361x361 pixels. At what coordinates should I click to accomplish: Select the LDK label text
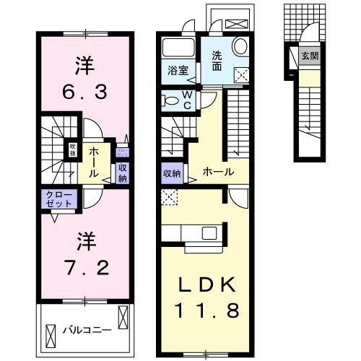[x=205, y=283]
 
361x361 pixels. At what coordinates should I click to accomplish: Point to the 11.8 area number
[x=205, y=313]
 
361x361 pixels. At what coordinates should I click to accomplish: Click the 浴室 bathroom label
[x=178, y=71]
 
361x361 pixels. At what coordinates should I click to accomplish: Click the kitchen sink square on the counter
[x=209, y=232]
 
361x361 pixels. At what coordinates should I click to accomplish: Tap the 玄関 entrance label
[x=308, y=56]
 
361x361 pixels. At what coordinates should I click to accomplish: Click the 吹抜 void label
[x=73, y=150]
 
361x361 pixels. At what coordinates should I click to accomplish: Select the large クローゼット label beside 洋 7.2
[x=60, y=199]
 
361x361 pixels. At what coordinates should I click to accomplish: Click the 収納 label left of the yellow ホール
[x=172, y=173]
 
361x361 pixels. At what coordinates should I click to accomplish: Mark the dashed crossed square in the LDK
[x=169, y=195]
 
